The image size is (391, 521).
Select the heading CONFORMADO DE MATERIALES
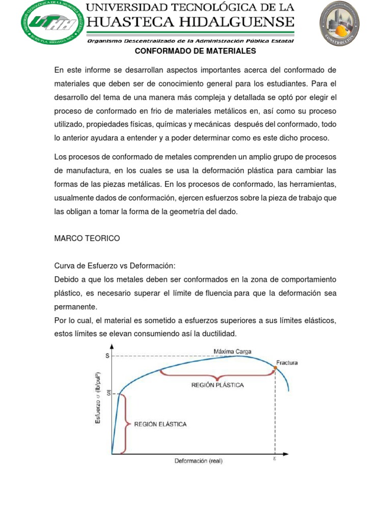pos(195,51)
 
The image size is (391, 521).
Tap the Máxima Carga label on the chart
pos(232,351)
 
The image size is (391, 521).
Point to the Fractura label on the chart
pos(287,363)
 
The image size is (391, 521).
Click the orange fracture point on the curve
pos(275,367)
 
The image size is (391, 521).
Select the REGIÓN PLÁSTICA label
pos(217,385)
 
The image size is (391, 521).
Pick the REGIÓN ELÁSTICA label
pos(160,424)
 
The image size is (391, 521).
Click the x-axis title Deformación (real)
pos(198,461)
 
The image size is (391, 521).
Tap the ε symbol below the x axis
pos(275,458)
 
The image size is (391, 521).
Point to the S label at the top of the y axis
pos(107,356)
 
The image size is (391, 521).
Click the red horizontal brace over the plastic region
pos(217,375)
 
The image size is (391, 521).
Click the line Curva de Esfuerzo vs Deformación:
pos(115,266)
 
